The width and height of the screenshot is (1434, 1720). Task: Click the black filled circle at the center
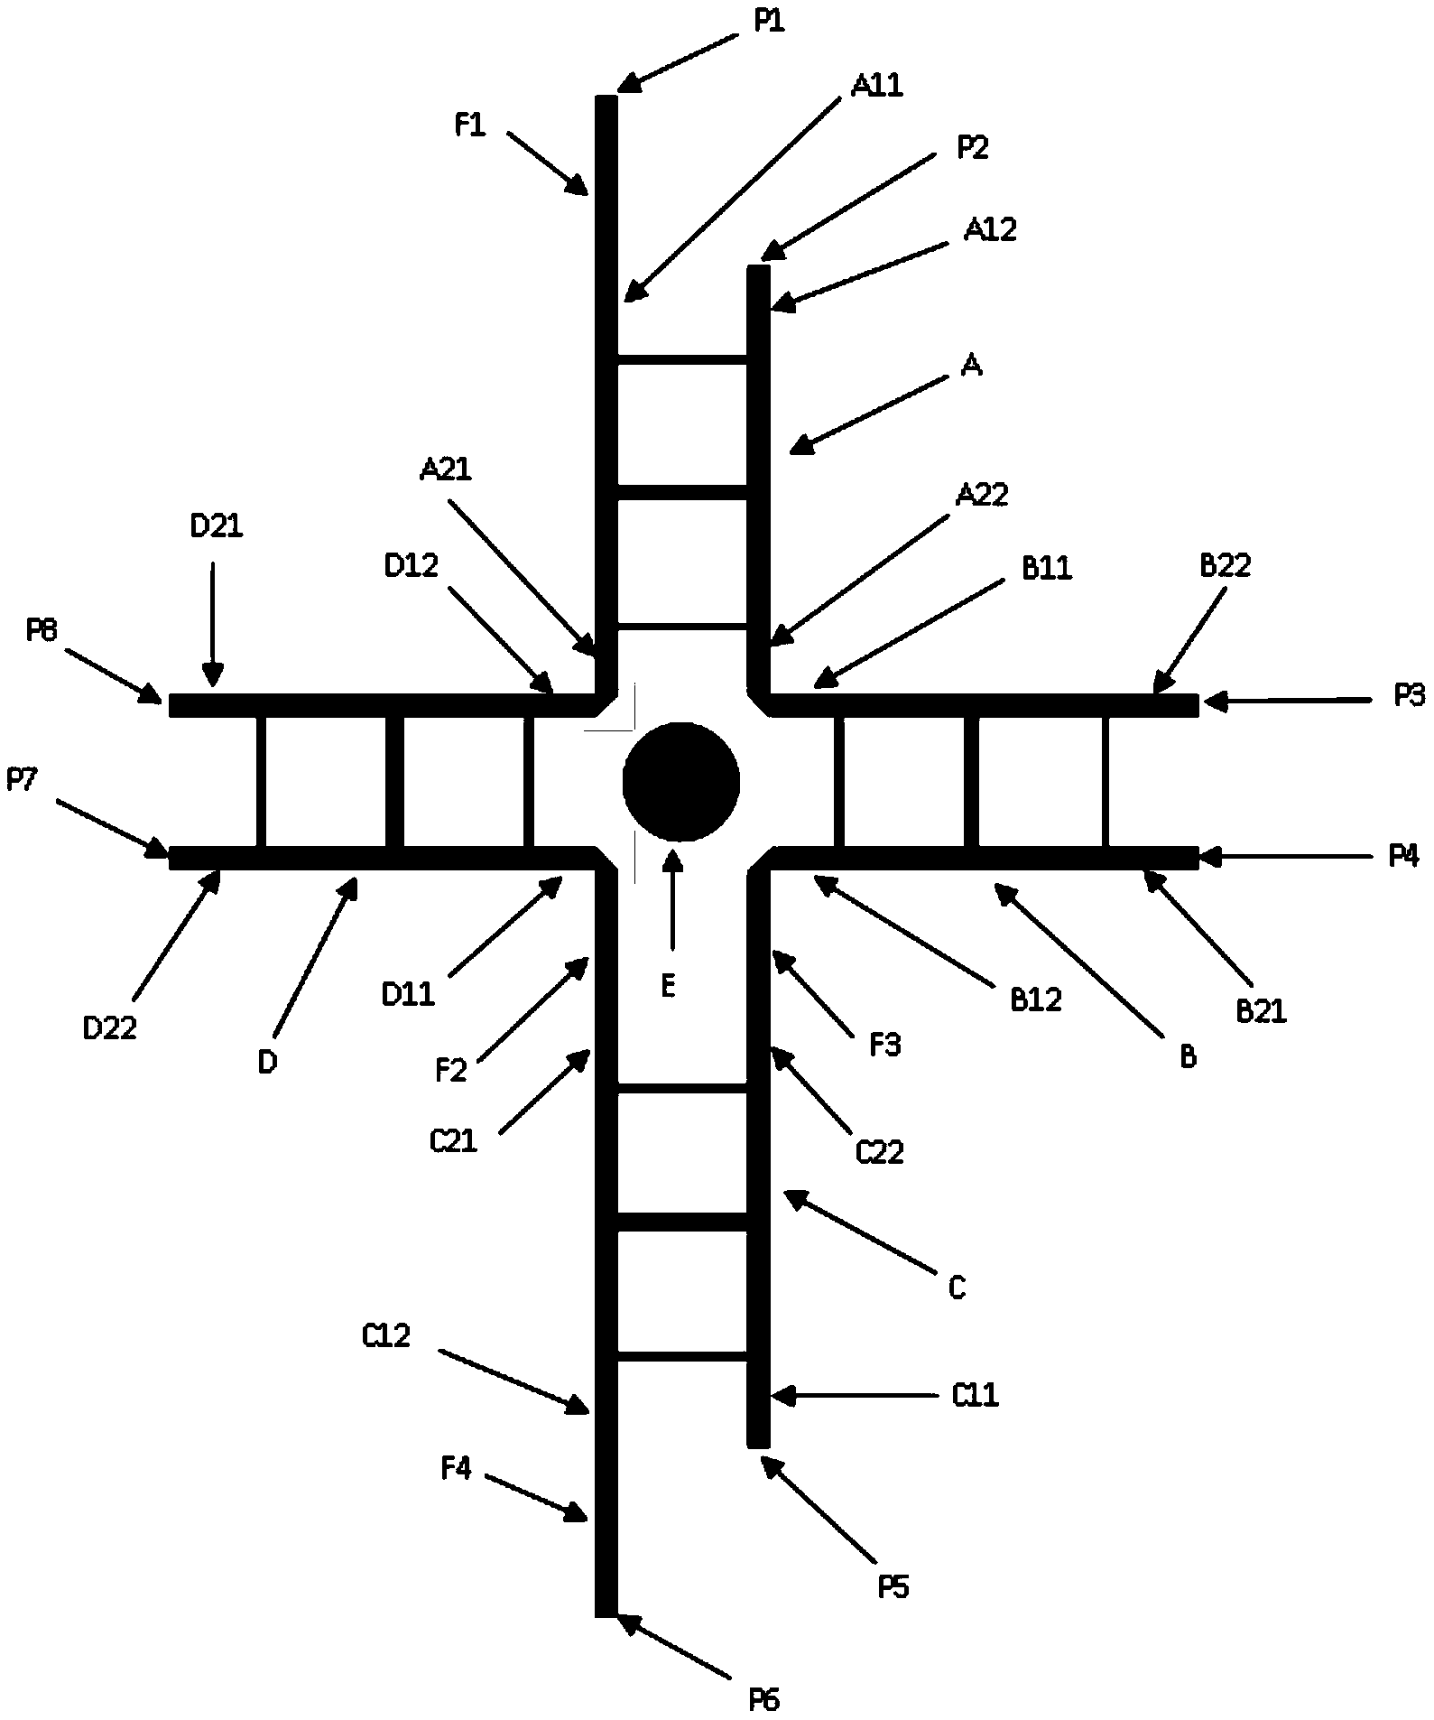tap(681, 782)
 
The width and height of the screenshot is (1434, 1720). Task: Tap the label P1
tap(769, 22)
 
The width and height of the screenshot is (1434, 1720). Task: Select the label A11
tap(876, 86)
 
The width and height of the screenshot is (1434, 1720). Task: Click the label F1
tap(469, 126)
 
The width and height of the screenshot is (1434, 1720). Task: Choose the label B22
tap(1225, 566)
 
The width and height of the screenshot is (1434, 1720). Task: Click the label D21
tap(217, 526)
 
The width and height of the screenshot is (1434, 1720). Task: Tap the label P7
tap(22, 779)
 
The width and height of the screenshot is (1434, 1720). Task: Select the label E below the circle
tap(668, 988)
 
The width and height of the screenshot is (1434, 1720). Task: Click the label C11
tap(976, 1396)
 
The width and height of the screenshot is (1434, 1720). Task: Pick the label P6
tap(763, 1701)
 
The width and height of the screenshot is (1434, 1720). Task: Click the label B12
tap(1036, 999)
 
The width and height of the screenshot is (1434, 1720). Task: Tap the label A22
tap(982, 495)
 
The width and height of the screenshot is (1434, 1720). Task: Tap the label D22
tap(109, 1027)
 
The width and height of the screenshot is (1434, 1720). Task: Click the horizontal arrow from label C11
tap(853, 1396)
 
